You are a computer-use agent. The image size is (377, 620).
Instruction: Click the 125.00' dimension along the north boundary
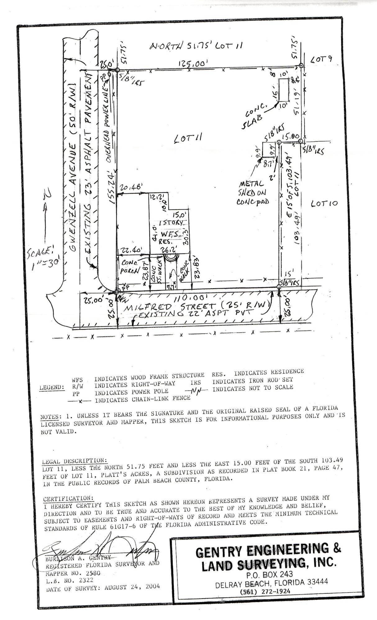(x=193, y=64)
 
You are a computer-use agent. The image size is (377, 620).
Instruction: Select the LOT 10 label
(x=324, y=204)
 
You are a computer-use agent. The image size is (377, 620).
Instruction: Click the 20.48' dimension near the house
(x=132, y=187)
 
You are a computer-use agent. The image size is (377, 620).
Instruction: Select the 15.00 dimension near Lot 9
(x=291, y=136)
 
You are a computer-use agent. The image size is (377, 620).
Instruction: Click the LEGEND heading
(x=52, y=387)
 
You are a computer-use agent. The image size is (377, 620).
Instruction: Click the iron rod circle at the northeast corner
(x=301, y=65)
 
